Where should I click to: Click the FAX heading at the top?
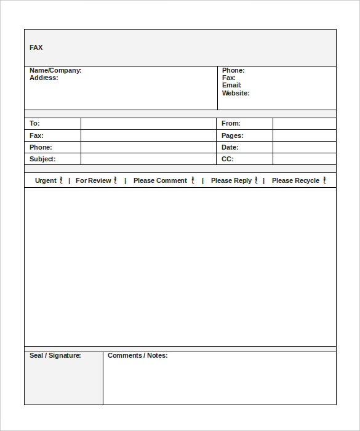click(x=36, y=47)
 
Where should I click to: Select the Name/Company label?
click(x=55, y=71)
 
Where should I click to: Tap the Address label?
click(x=44, y=78)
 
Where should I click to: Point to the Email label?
click(x=232, y=86)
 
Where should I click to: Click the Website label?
click(x=236, y=94)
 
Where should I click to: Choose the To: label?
click(x=34, y=124)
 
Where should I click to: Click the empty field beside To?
click(x=148, y=124)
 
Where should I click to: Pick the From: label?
click(x=231, y=124)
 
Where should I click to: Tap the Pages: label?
click(x=233, y=135)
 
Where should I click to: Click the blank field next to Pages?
click(x=304, y=135)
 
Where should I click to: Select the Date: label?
click(x=230, y=147)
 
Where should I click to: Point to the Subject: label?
click(x=42, y=159)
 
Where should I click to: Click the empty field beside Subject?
click(x=148, y=159)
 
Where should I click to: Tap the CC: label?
click(x=227, y=159)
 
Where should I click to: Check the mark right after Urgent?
click(x=61, y=180)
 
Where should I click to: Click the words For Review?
click(x=93, y=180)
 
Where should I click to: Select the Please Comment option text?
click(x=160, y=180)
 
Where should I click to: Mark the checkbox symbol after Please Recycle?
click(x=324, y=180)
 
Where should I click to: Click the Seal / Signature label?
click(x=55, y=355)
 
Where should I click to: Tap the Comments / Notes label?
click(x=137, y=355)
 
